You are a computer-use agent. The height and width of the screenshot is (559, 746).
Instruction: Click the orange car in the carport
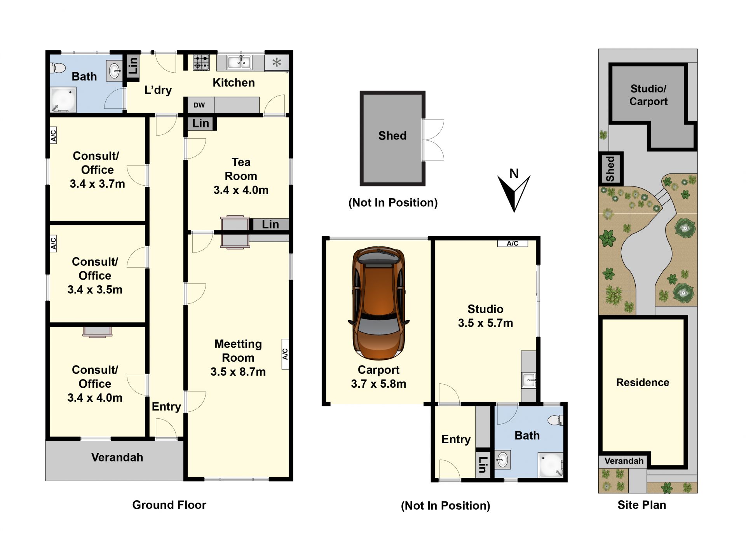pyautogui.click(x=379, y=303)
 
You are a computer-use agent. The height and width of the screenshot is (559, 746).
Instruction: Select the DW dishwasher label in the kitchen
pyautogui.click(x=199, y=105)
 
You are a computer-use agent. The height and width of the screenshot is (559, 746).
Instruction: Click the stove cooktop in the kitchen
pyautogui.click(x=201, y=62)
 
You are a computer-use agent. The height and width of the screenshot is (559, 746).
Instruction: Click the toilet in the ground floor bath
pyautogui.click(x=58, y=68)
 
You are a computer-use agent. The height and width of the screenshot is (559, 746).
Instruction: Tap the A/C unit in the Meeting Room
pyautogui.click(x=285, y=354)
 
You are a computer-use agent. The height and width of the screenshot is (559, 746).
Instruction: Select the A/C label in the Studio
pyautogui.click(x=512, y=244)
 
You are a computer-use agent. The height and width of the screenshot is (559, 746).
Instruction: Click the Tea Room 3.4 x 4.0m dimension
pyautogui.click(x=241, y=190)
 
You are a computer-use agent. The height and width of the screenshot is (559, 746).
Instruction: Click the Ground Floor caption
pyautogui.click(x=169, y=505)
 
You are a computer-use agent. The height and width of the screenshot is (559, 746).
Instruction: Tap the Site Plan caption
pyautogui.click(x=642, y=505)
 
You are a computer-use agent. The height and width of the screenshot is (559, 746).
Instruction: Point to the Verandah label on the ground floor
pyautogui.click(x=117, y=457)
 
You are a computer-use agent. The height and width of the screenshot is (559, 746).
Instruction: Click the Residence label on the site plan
pyautogui.click(x=643, y=382)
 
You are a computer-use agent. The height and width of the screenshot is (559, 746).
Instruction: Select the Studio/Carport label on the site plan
pyautogui.click(x=648, y=95)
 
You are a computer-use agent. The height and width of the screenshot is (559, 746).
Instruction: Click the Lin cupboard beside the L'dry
pyautogui.click(x=133, y=66)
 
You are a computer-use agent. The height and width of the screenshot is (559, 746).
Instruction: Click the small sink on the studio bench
pyautogui.click(x=529, y=380)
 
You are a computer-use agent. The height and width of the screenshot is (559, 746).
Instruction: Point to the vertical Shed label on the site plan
pyautogui.click(x=610, y=169)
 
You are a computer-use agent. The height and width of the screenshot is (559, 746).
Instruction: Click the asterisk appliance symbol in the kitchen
pyautogui.click(x=277, y=62)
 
